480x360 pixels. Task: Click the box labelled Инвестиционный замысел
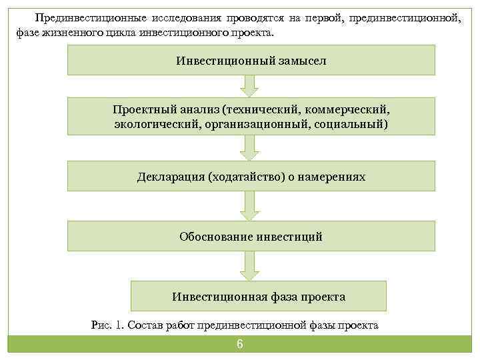click(x=251, y=59)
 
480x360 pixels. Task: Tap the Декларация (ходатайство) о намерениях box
click(x=251, y=177)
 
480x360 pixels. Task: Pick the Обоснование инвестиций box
click(x=251, y=236)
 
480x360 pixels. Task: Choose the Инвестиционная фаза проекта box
click(x=258, y=295)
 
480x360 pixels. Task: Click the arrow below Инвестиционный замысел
click(x=249, y=85)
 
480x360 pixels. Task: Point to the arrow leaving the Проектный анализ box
click(x=249, y=148)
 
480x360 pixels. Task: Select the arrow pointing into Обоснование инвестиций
click(x=249, y=207)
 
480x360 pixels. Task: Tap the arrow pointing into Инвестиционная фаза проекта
click(x=249, y=266)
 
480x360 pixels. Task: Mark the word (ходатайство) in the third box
click(x=247, y=177)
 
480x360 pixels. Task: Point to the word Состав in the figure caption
click(x=145, y=325)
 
